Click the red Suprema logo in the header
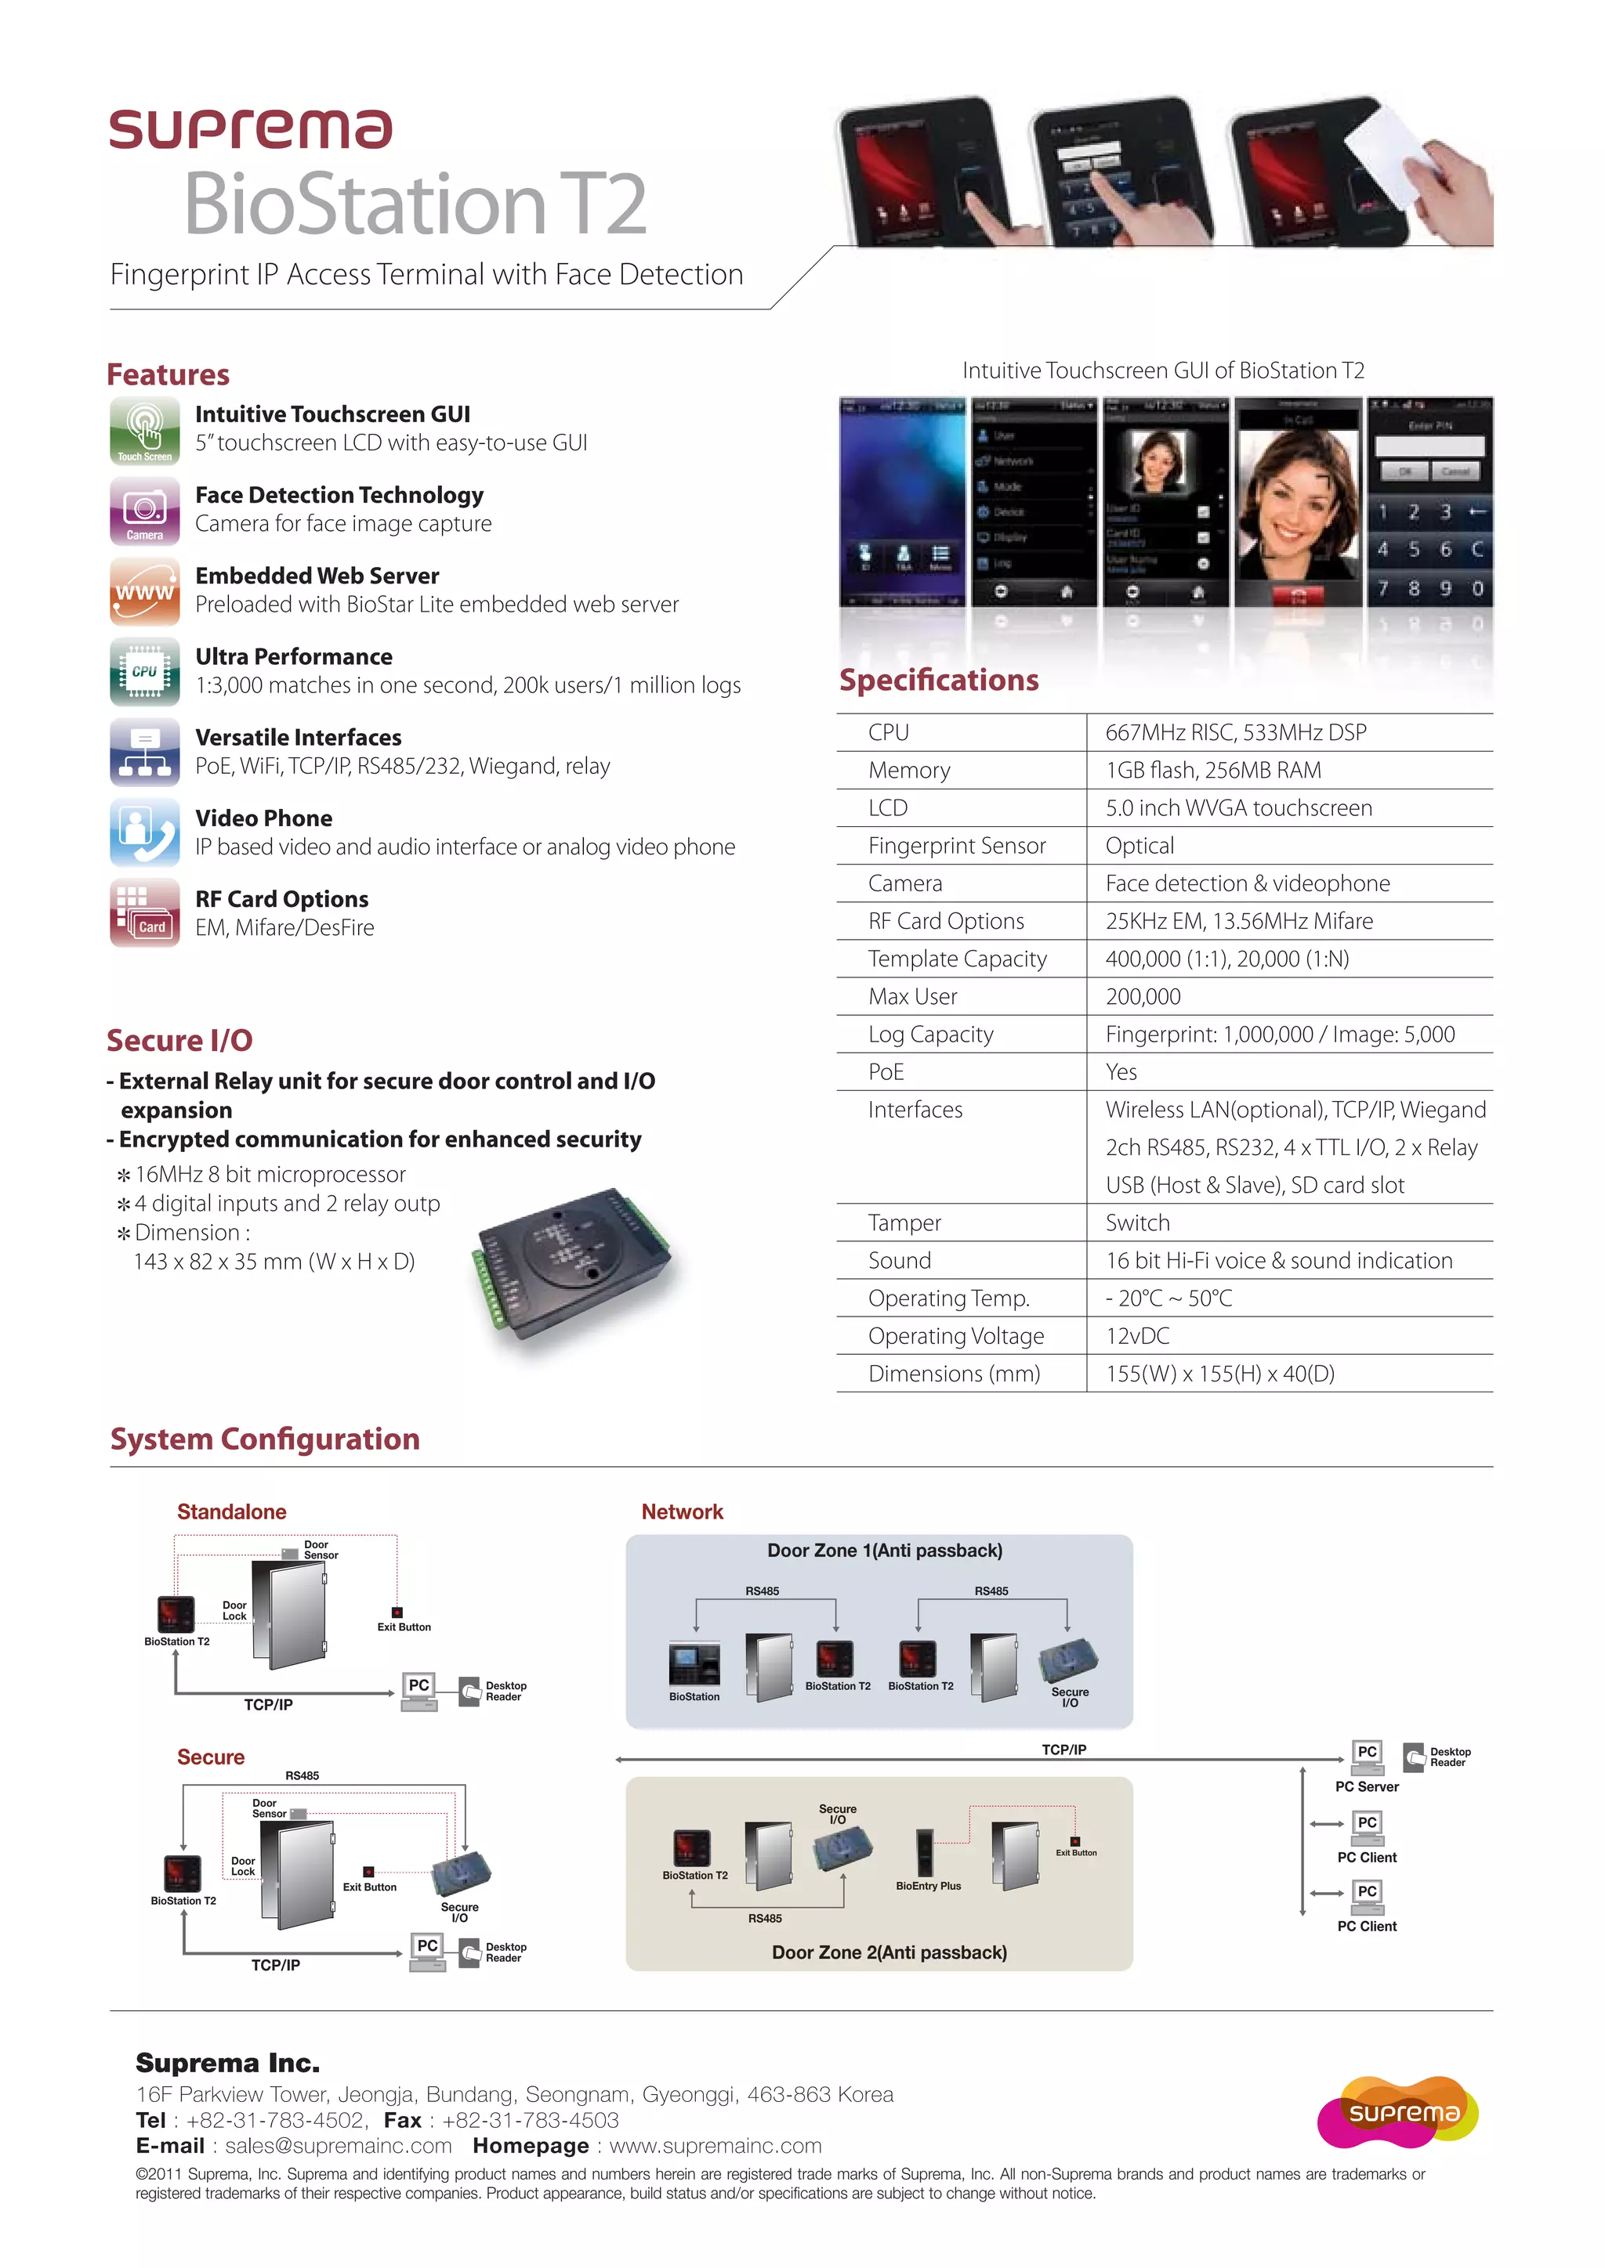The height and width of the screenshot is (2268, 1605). pos(250,129)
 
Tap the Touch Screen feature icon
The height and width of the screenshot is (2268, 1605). pos(144,431)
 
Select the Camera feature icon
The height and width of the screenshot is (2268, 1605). pos(144,511)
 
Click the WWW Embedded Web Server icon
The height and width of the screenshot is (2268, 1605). pos(144,592)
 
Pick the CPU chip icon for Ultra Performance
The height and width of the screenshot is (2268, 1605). pos(144,672)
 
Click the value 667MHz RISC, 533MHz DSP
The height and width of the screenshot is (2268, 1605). pos(1235,733)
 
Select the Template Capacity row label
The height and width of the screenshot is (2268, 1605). pos(957,959)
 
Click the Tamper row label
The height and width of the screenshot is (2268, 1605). pos(904,1223)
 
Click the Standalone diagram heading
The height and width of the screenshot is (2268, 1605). pos(231,1511)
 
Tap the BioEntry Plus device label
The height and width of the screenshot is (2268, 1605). pos(928,1886)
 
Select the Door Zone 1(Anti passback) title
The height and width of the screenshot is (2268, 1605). pos(885,1551)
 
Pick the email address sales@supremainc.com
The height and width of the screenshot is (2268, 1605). pos(338,2146)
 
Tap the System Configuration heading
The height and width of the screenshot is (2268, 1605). pos(265,1439)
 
